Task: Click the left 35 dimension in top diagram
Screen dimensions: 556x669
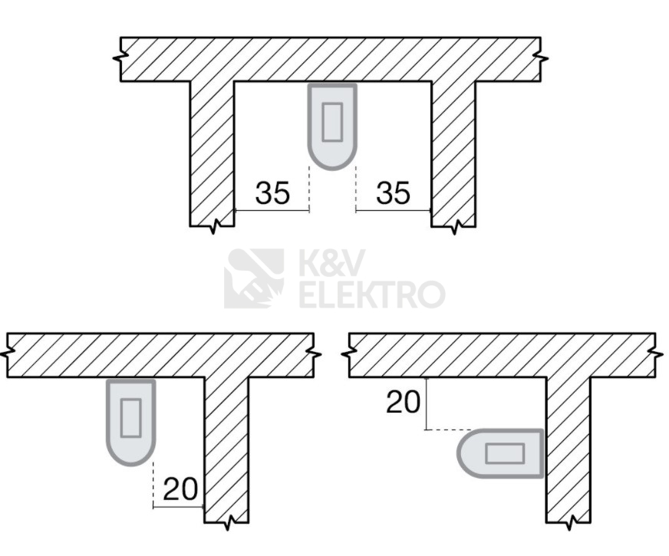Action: (272, 193)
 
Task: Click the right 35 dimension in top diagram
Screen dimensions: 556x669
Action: (393, 193)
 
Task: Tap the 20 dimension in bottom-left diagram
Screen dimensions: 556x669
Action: (181, 489)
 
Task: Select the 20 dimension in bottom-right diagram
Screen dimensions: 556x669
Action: (404, 401)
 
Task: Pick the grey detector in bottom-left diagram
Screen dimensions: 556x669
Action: (131, 421)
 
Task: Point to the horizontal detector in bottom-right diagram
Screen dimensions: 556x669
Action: (501, 454)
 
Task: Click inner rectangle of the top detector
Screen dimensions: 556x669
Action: (332, 121)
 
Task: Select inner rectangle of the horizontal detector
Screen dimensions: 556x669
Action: (505, 454)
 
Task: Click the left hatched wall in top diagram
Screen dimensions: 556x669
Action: (212, 153)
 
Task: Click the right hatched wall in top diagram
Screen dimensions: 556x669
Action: (453, 153)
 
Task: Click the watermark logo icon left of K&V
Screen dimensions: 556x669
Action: (254, 278)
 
